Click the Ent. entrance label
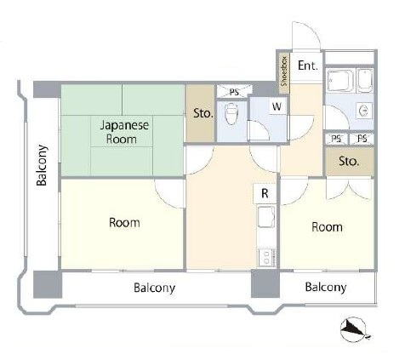(307, 66)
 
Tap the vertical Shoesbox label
(284, 71)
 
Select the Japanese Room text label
(124, 132)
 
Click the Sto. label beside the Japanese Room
(203, 113)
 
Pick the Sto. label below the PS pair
(349, 162)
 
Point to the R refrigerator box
(265, 193)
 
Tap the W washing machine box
(277, 106)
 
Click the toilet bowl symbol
(231, 114)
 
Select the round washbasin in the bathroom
(364, 111)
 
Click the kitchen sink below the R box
(266, 217)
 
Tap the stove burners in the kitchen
(266, 258)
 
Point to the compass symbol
(354, 329)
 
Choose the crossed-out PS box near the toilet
(234, 91)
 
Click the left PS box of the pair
(336, 139)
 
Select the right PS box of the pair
(362, 139)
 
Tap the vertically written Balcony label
(42, 165)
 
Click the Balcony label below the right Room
(326, 288)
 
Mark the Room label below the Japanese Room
(124, 223)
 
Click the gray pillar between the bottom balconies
(265, 283)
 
